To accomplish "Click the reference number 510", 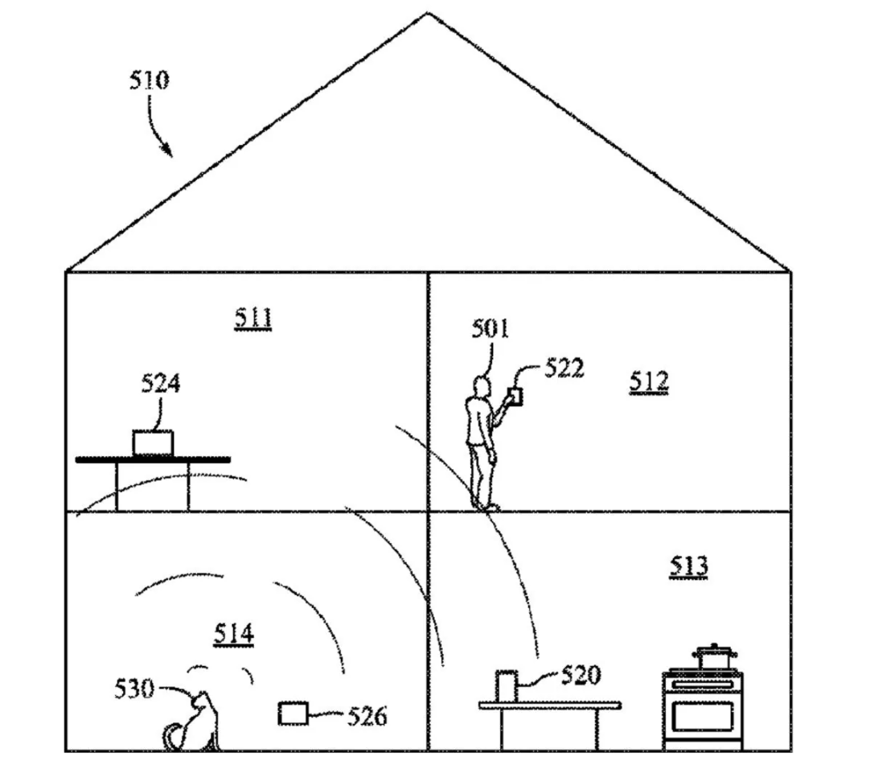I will coord(150,80).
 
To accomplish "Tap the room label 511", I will coord(253,319).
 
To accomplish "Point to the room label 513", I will coord(689,566).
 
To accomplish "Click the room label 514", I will coord(234,634).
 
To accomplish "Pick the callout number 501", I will coord(490,328).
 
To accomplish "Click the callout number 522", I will coord(564,368).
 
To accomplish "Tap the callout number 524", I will coord(161,383).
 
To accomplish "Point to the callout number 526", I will coord(367,715).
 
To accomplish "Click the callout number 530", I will coord(133,689).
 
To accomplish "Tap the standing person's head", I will coord(482,387).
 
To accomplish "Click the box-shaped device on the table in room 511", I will coord(153,442).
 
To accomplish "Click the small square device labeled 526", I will coord(292,713).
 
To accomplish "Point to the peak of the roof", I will coord(427,14).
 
